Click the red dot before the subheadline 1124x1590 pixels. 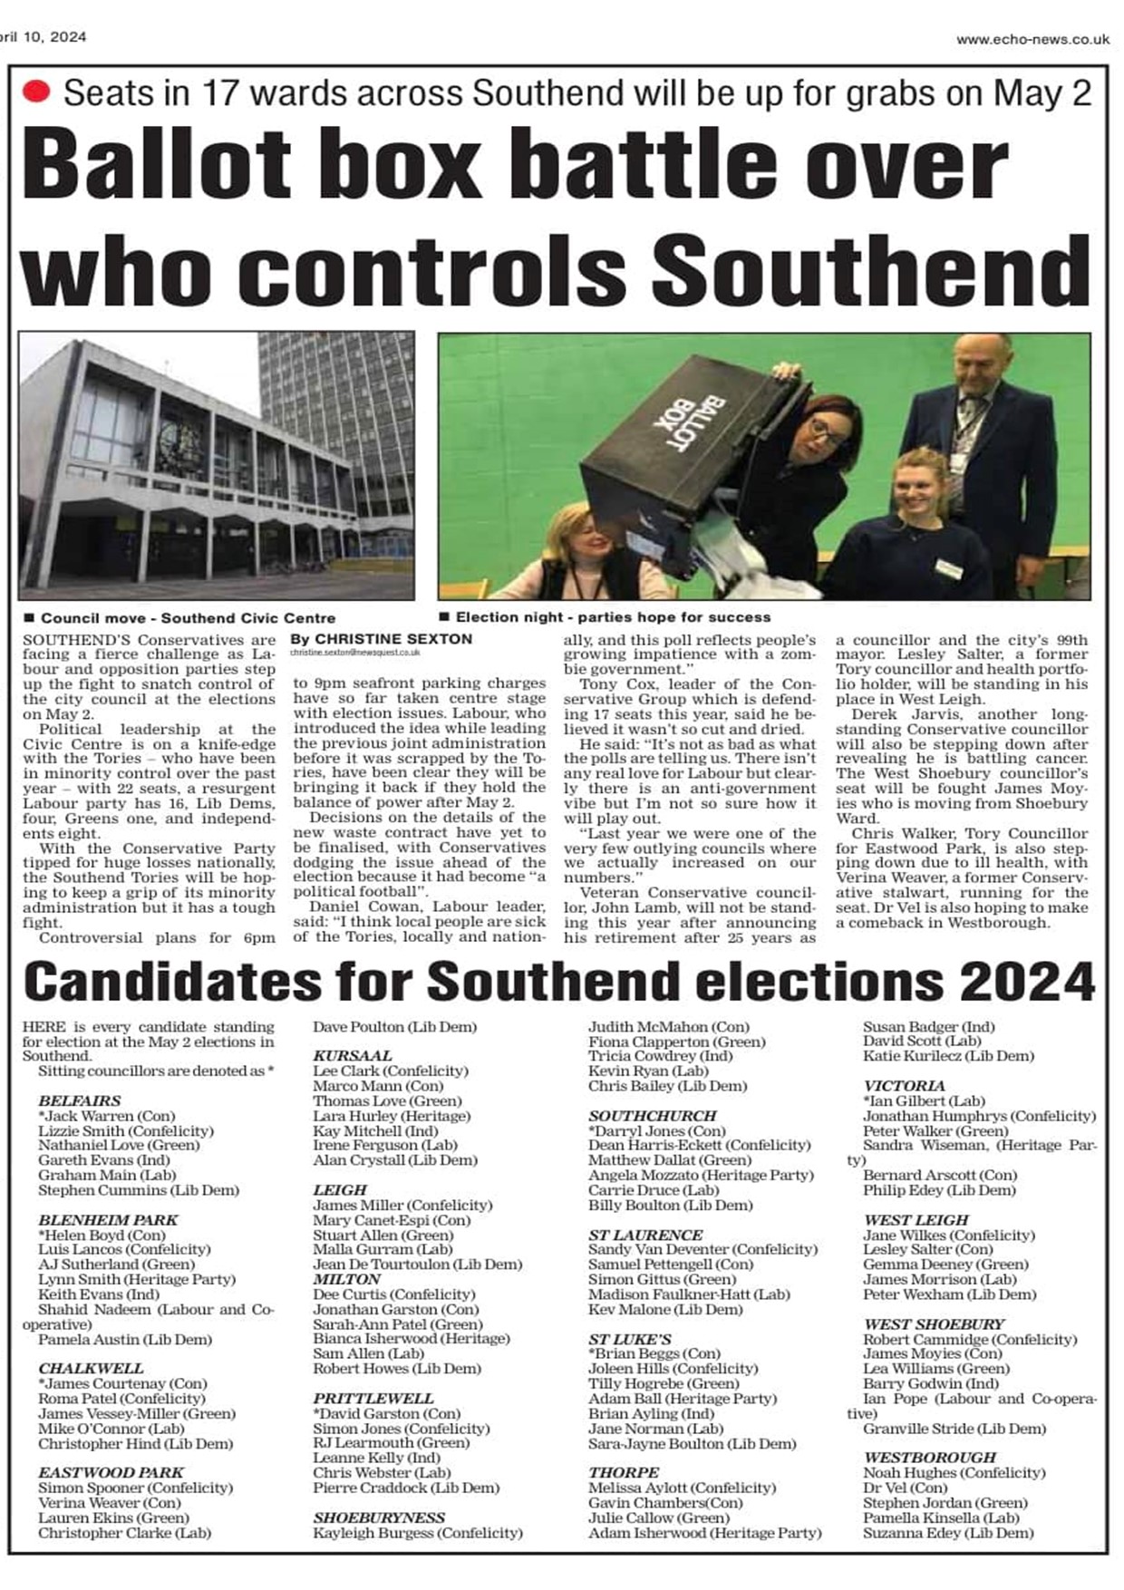tap(36, 92)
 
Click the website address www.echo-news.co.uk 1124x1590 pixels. tap(1032, 39)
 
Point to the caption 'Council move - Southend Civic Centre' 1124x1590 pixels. tap(188, 618)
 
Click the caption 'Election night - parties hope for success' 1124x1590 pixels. tap(613, 617)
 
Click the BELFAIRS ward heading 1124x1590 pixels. tap(80, 1100)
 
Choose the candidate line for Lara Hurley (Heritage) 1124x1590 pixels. tap(392, 1116)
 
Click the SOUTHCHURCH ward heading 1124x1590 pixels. tap(653, 1116)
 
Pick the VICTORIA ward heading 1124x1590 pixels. tap(904, 1086)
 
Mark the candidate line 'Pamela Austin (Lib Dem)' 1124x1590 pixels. tap(125, 1339)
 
